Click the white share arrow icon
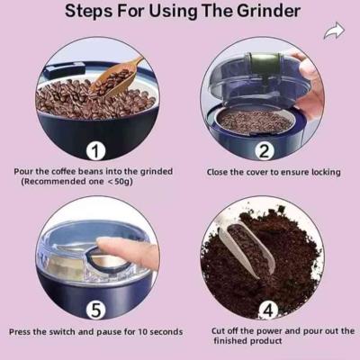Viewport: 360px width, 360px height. [334, 31]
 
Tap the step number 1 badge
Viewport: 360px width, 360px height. [95, 151]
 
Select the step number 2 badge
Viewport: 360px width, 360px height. [265, 151]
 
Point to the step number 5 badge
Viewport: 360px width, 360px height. [95, 310]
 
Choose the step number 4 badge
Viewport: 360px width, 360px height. [268, 310]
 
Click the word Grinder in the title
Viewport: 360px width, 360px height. [268, 11]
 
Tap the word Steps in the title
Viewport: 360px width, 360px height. [89, 12]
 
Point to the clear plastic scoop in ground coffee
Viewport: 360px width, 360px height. [247, 249]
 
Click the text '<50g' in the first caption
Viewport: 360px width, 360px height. [120, 182]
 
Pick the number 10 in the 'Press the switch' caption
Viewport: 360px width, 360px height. [142, 332]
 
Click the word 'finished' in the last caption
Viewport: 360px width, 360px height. [230, 341]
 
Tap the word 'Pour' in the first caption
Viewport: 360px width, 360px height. [23, 172]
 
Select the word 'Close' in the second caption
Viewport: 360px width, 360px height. [217, 172]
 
